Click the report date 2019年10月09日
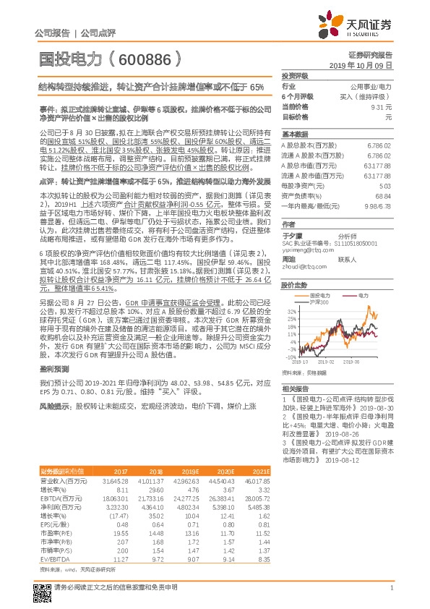point(366,65)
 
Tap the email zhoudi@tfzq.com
point(300,265)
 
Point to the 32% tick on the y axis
point(288,310)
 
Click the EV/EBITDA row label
point(55,559)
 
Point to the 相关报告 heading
point(296,389)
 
